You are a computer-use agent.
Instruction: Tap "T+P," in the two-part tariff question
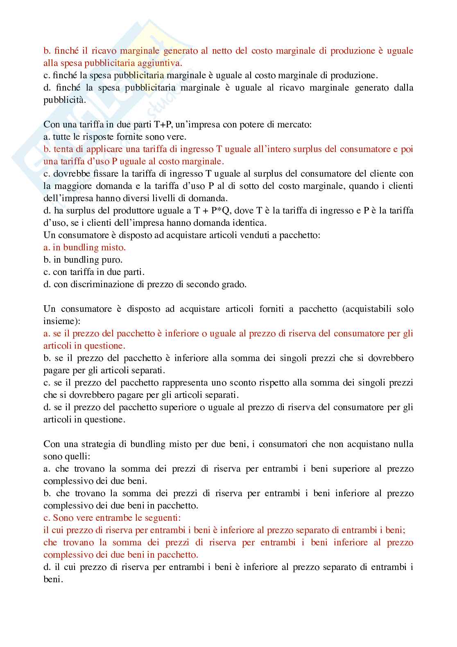click(159, 125)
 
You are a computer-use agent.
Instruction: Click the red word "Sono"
click(62, 518)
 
